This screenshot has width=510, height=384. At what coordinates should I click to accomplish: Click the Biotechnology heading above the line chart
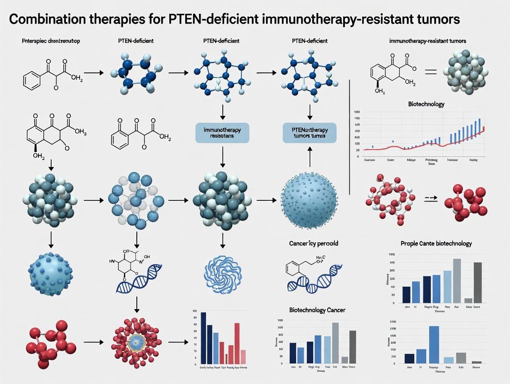pyautogui.click(x=426, y=104)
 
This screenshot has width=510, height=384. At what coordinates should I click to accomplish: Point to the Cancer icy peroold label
pyautogui.click(x=309, y=243)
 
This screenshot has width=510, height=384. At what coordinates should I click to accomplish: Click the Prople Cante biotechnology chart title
pyautogui.click(x=436, y=243)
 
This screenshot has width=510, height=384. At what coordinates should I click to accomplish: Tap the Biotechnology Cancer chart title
pyautogui.click(x=317, y=310)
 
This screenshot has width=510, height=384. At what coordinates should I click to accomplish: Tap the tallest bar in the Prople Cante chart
pyautogui.click(x=456, y=280)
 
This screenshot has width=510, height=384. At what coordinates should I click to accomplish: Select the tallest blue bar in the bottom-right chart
pyautogui.click(x=434, y=344)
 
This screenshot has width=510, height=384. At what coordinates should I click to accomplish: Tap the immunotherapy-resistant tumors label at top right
pyautogui.click(x=427, y=41)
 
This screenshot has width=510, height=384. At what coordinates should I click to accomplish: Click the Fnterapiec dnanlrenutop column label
pyautogui.click(x=51, y=41)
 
